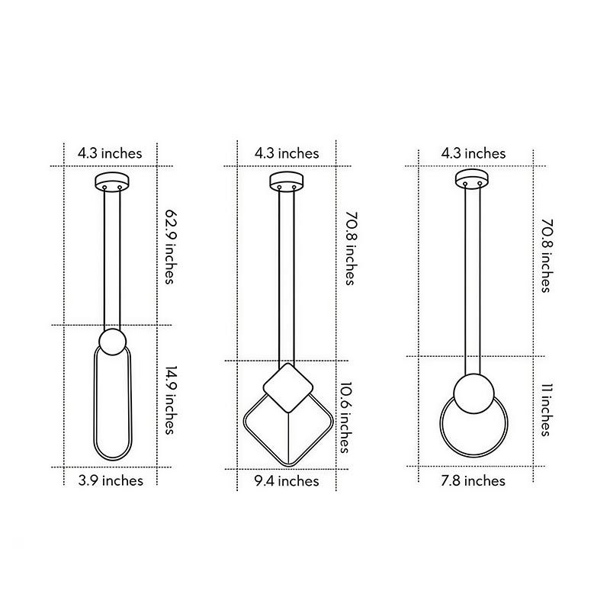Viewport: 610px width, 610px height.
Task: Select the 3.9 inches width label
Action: pos(111,480)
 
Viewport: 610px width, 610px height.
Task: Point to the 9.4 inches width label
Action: pos(287,480)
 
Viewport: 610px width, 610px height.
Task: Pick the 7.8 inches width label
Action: pos(474,480)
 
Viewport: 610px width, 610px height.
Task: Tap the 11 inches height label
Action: pos(545,410)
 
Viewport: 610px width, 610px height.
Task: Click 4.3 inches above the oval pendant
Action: pos(110,153)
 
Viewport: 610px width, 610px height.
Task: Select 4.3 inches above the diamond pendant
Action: pos(287,153)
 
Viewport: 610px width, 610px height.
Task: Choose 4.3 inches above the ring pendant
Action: pos(474,153)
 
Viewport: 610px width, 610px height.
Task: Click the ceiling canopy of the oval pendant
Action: pos(111,183)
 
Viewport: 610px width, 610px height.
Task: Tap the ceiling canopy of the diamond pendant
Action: pos(287,183)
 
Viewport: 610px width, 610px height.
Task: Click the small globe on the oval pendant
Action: pos(111,342)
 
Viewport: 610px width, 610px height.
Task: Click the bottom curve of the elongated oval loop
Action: pos(111,458)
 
